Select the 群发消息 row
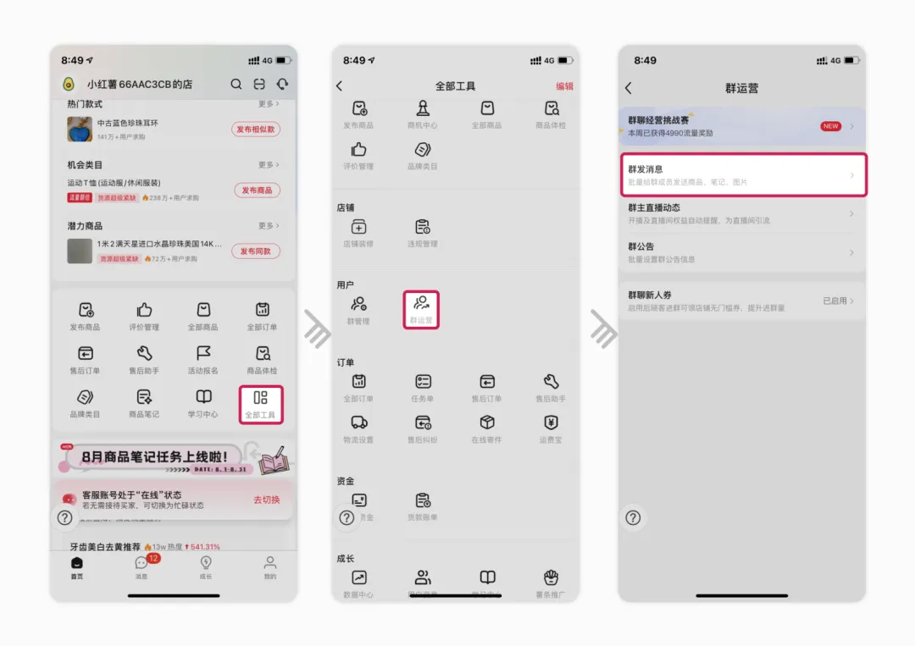point(741,175)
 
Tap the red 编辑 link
point(564,86)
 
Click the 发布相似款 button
point(256,130)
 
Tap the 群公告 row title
point(641,246)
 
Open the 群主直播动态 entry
point(741,213)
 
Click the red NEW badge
point(830,126)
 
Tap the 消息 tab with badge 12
point(141,565)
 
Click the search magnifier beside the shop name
point(236,85)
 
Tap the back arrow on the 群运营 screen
point(629,88)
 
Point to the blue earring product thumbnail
point(80,130)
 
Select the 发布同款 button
point(256,251)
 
